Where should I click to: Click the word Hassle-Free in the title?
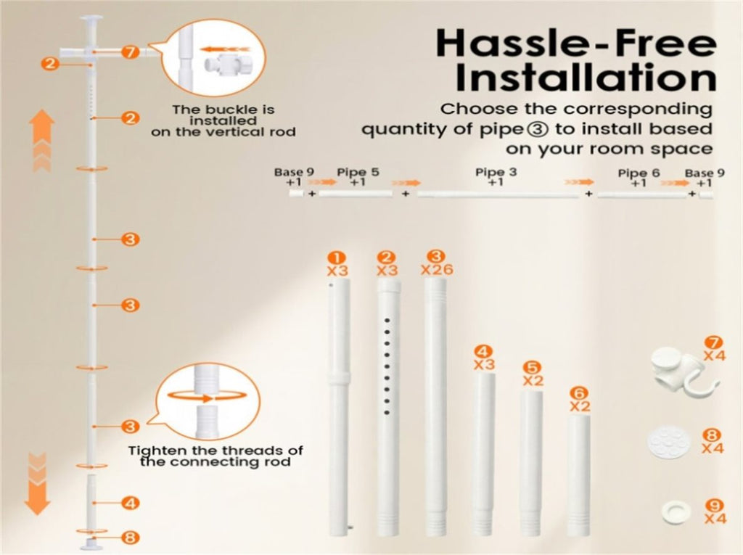[x=576, y=44]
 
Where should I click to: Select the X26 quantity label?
[x=437, y=269]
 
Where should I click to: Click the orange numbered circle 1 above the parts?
[x=337, y=258]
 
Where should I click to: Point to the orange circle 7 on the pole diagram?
[x=130, y=52]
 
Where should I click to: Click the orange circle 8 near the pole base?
[x=130, y=538]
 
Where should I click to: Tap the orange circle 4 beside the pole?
[x=130, y=502]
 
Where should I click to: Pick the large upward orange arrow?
[x=41, y=140]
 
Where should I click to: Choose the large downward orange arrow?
[x=38, y=484]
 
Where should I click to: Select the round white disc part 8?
[x=668, y=441]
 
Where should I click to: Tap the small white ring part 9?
[x=676, y=512]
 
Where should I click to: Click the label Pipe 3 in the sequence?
[x=496, y=172]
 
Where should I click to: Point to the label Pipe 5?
[x=358, y=172]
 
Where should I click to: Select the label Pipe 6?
[x=639, y=173]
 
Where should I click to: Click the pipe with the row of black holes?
[x=388, y=408]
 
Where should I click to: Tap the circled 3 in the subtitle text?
[x=540, y=129]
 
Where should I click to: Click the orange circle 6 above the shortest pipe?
[x=579, y=393]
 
